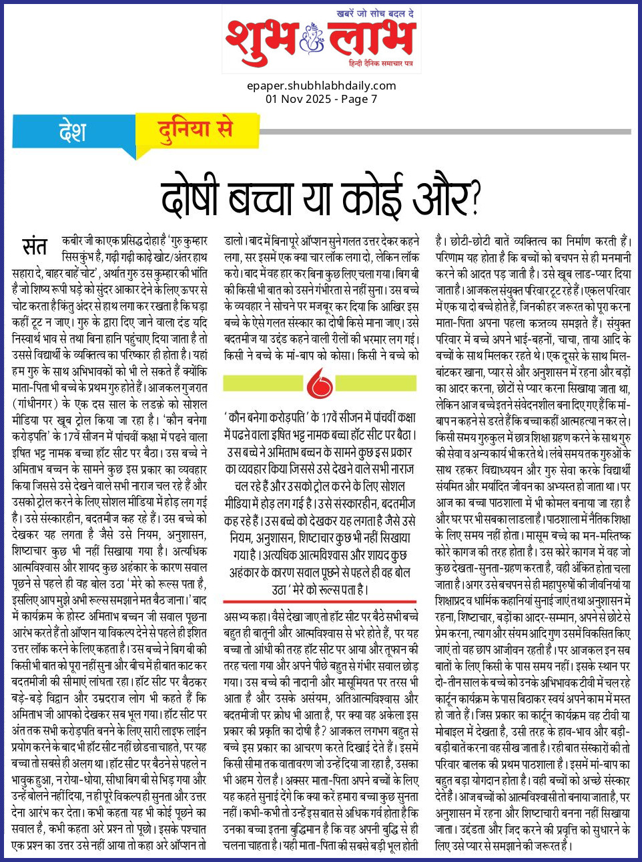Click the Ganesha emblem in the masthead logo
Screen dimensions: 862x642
[311, 37]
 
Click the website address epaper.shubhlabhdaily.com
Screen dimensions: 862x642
[321, 86]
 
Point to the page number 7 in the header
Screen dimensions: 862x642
[374, 99]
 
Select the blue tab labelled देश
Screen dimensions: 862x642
[72, 130]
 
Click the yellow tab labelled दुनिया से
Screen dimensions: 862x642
[195, 128]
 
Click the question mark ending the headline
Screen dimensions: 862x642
[475, 198]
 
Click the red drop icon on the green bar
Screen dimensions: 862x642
[320, 384]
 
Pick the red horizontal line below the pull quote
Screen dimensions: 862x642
[321, 601]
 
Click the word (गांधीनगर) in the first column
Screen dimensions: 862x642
[44, 404]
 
